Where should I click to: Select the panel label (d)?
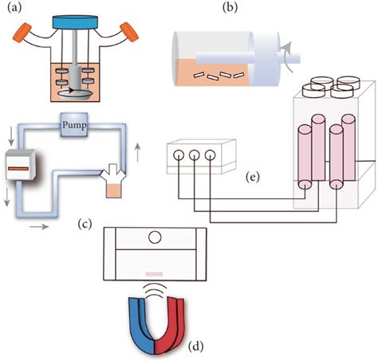(x=197, y=346)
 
